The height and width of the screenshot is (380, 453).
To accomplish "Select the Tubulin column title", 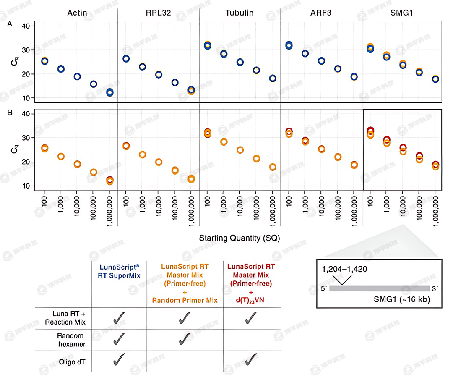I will point(240,13).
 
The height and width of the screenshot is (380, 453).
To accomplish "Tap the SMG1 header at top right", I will point(403,13).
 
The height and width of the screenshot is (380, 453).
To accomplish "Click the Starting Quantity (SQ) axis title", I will point(240,238).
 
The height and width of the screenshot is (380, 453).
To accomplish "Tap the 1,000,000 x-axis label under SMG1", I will point(436,212).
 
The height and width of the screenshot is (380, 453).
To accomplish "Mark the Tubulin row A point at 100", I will point(207,45).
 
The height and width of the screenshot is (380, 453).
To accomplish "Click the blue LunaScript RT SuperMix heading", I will point(119,271).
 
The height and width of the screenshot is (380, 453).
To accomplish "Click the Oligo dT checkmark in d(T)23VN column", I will point(250,359).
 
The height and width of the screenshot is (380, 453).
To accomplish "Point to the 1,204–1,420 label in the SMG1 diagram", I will point(344,270).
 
